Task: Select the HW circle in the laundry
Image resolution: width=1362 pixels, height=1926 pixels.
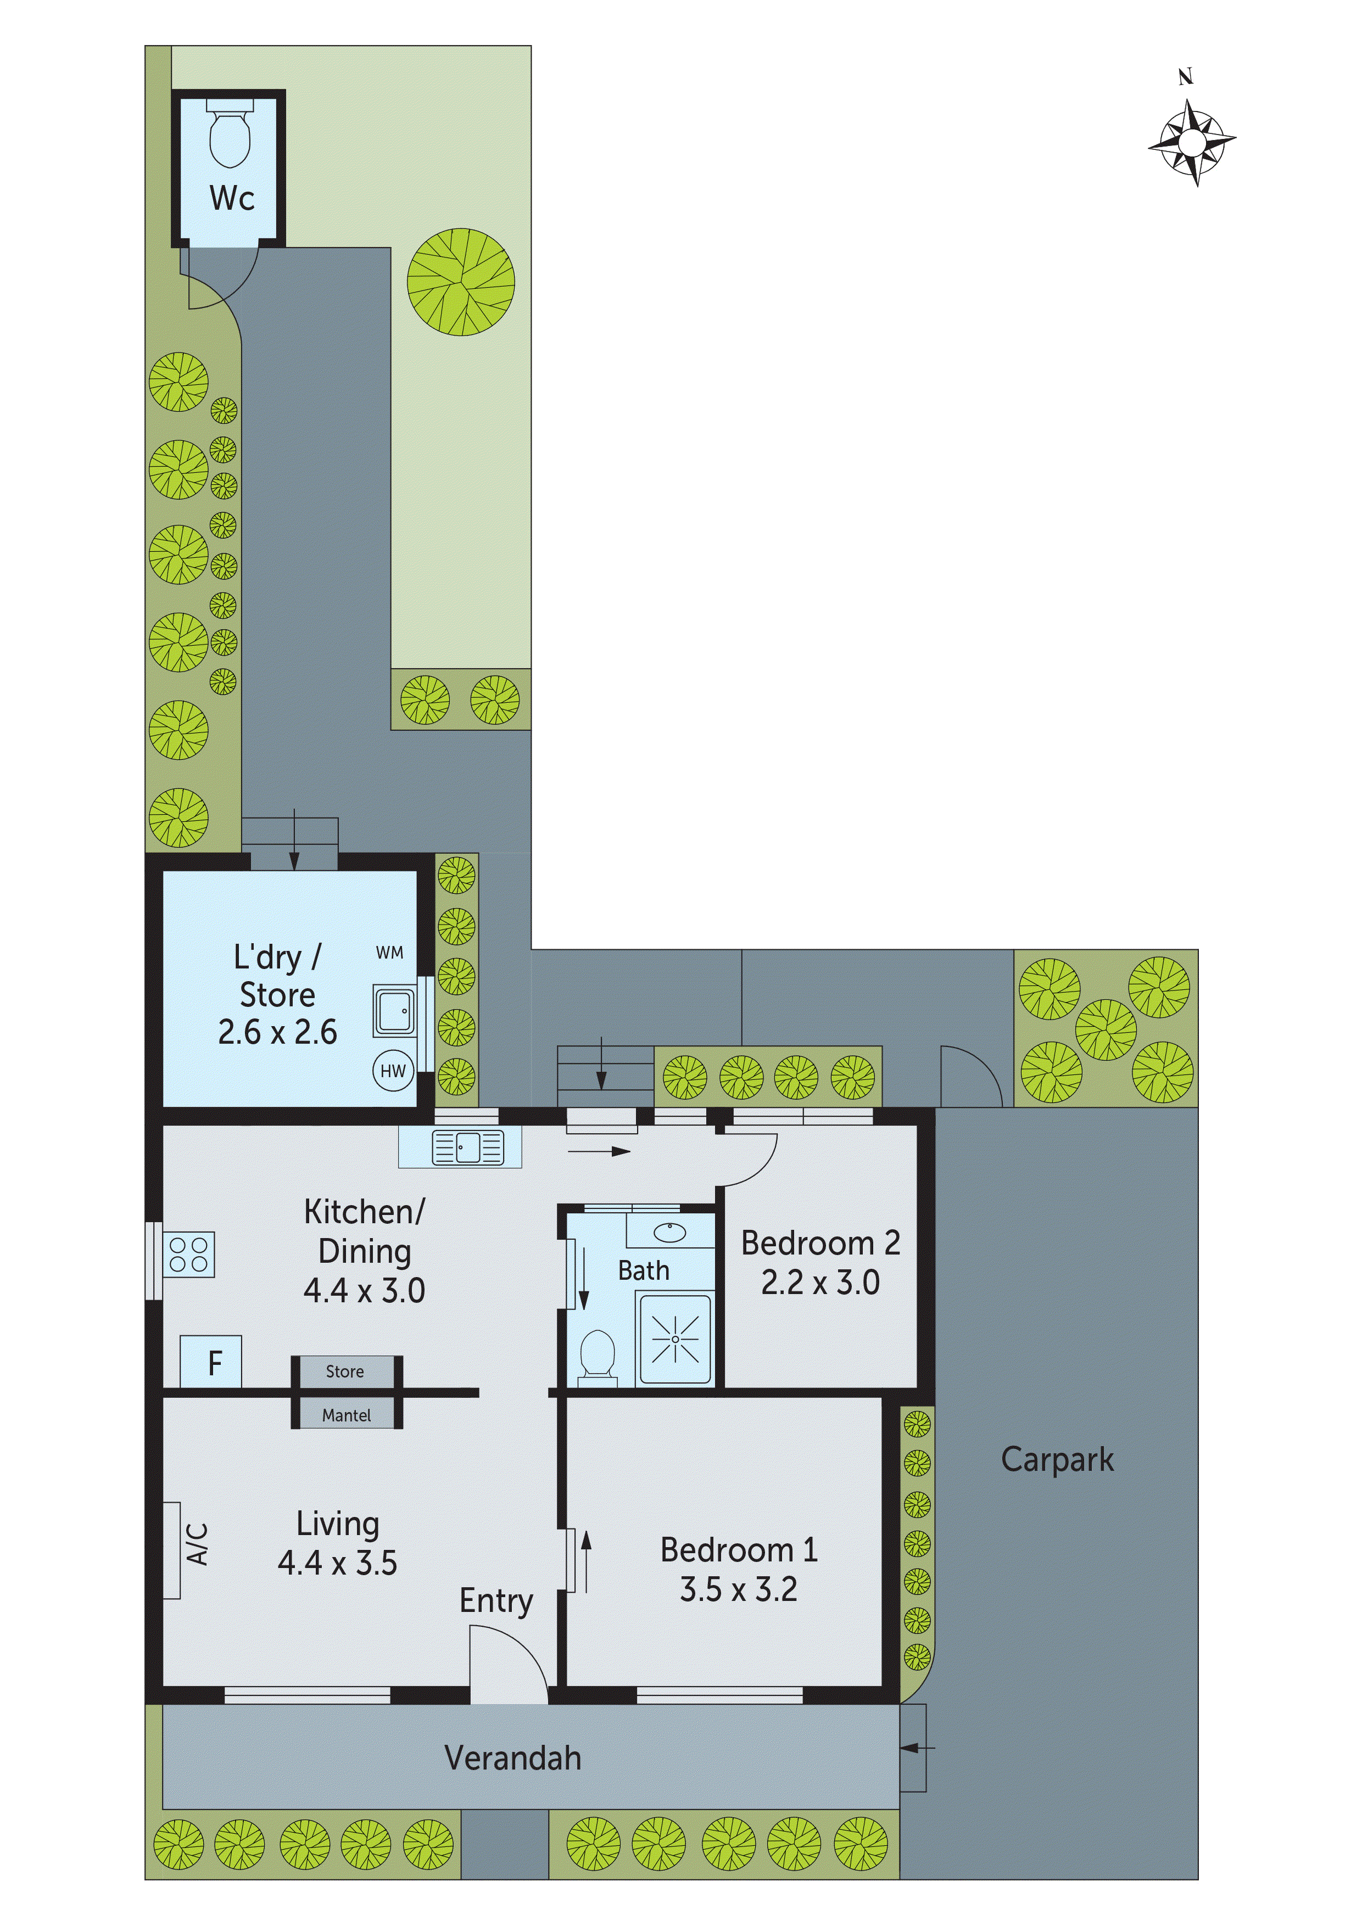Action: (393, 1071)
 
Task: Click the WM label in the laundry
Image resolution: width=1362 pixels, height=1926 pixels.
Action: (389, 952)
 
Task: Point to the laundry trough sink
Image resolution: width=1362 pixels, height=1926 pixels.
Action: (394, 1011)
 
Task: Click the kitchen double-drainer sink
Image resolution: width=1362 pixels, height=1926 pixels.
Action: (467, 1147)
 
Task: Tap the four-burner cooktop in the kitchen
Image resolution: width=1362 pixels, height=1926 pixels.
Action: (189, 1254)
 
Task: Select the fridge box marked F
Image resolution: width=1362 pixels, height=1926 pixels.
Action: (213, 1362)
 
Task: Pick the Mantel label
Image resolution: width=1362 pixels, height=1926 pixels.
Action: (346, 1415)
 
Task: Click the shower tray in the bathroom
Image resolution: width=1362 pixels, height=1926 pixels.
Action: (675, 1339)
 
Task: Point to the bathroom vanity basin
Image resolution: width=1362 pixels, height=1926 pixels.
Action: (669, 1232)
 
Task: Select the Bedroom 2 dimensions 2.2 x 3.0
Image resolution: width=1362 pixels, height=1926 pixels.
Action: (820, 1283)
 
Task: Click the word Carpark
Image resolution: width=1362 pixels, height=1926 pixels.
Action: (1057, 1460)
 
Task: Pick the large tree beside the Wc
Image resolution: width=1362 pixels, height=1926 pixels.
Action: (461, 282)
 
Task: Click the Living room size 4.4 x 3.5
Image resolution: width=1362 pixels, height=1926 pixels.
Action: (337, 1563)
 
